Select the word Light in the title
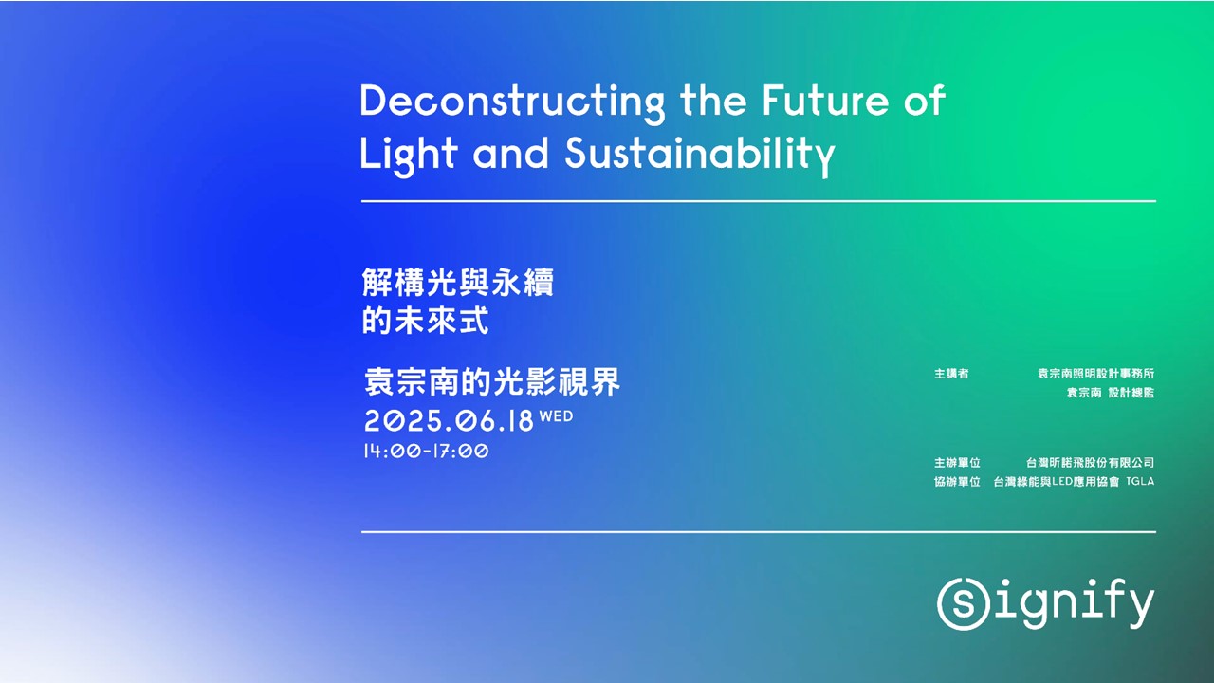[408, 154]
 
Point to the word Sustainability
[700, 154]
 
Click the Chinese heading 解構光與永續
[458, 283]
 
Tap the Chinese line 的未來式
[426, 321]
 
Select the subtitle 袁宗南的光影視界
[492, 381]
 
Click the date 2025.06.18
[450, 421]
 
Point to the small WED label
[557, 415]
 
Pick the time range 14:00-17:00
[426, 452]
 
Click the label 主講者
[951, 374]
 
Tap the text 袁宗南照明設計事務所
[1095, 374]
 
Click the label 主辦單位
[957, 463]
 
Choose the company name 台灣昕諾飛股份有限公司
[1090, 463]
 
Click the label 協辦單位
[957, 482]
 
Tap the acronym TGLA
[1140, 482]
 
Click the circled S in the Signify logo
[961, 602]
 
